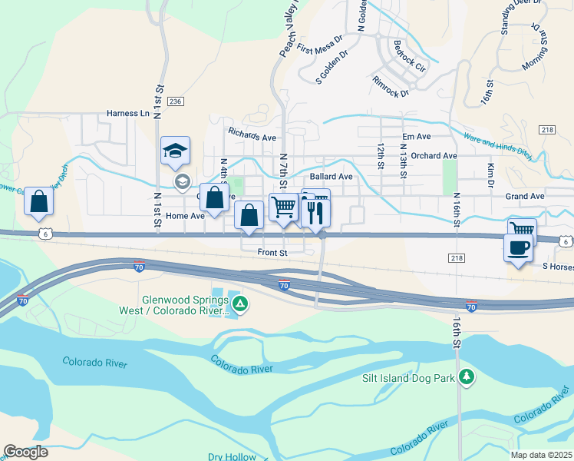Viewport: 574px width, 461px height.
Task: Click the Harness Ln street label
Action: click(x=128, y=113)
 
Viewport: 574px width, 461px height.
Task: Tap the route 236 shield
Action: click(x=176, y=101)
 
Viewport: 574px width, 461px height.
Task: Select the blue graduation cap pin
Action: click(x=175, y=151)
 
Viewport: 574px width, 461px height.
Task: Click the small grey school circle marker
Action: click(x=182, y=181)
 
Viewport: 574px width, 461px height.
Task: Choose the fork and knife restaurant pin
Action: click(x=315, y=211)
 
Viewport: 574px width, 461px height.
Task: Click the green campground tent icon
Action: click(x=240, y=304)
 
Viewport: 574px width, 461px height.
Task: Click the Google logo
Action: click(x=25, y=452)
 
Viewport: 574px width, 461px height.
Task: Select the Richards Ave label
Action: click(x=252, y=134)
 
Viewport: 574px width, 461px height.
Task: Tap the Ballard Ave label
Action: click(x=331, y=176)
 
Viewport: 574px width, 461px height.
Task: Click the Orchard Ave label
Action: click(x=434, y=155)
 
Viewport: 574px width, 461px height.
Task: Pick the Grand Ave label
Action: click(x=524, y=197)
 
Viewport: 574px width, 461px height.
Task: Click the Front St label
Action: click(x=272, y=252)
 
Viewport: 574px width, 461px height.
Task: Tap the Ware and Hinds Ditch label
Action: click(x=497, y=144)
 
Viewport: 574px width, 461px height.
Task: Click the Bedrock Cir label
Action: click(x=409, y=55)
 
